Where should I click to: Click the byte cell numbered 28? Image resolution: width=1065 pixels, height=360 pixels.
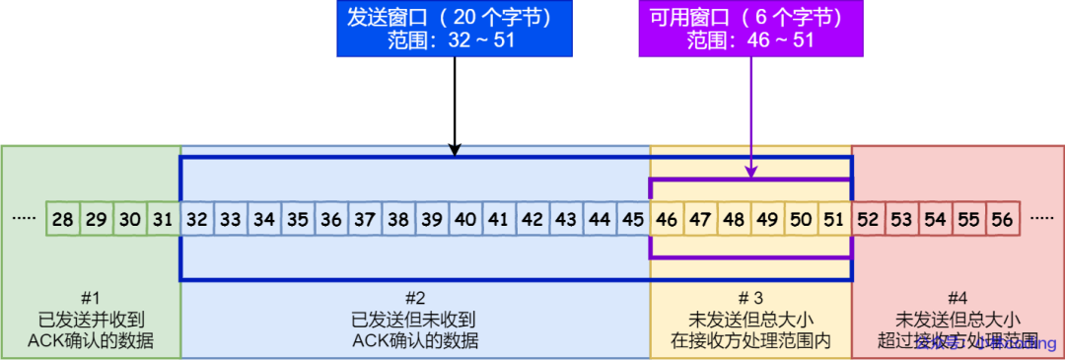pyautogui.click(x=63, y=219)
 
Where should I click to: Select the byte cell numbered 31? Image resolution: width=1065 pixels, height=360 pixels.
pyautogui.click(x=164, y=219)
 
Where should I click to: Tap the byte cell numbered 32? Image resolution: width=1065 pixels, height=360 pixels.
pyautogui.click(x=197, y=219)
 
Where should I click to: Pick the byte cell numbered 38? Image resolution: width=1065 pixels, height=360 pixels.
pyautogui.click(x=398, y=219)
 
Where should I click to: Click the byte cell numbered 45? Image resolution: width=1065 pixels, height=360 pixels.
pyautogui.click(x=633, y=219)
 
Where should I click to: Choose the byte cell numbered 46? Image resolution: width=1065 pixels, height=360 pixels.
pyautogui.click(x=667, y=219)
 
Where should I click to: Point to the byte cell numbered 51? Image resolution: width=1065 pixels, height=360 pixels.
pyautogui.click(x=834, y=219)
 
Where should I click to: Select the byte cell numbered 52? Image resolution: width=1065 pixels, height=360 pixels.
pyautogui.click(x=868, y=219)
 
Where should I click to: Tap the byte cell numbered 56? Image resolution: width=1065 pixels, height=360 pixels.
pyautogui.click(x=1002, y=219)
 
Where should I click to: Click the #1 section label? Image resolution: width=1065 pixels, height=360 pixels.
pyautogui.click(x=91, y=298)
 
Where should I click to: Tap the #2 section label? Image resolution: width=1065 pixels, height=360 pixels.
pyautogui.click(x=415, y=298)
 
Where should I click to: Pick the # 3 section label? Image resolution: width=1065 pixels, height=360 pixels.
pyautogui.click(x=750, y=298)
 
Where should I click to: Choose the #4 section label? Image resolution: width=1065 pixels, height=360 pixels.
pyautogui.click(x=958, y=298)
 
